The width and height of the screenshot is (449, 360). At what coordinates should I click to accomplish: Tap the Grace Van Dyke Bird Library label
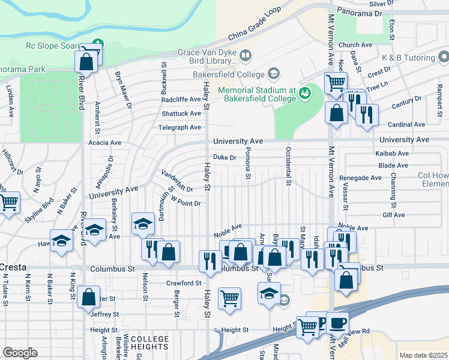click(x=207, y=56)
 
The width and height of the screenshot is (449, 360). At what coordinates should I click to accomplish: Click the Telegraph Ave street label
click(x=179, y=127)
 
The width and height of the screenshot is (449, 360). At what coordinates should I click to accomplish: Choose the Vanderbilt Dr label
click(x=176, y=181)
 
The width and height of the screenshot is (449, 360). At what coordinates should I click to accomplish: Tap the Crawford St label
click(x=183, y=283)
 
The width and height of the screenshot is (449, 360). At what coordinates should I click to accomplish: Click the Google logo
click(x=20, y=353)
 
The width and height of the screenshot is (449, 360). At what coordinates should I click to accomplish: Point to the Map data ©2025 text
click(x=423, y=355)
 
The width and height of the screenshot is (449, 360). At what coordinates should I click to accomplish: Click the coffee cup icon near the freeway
click(x=337, y=322)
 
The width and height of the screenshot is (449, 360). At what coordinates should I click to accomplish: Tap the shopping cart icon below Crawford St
click(x=229, y=298)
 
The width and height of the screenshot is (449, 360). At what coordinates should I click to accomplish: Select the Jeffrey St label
click(x=101, y=313)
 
